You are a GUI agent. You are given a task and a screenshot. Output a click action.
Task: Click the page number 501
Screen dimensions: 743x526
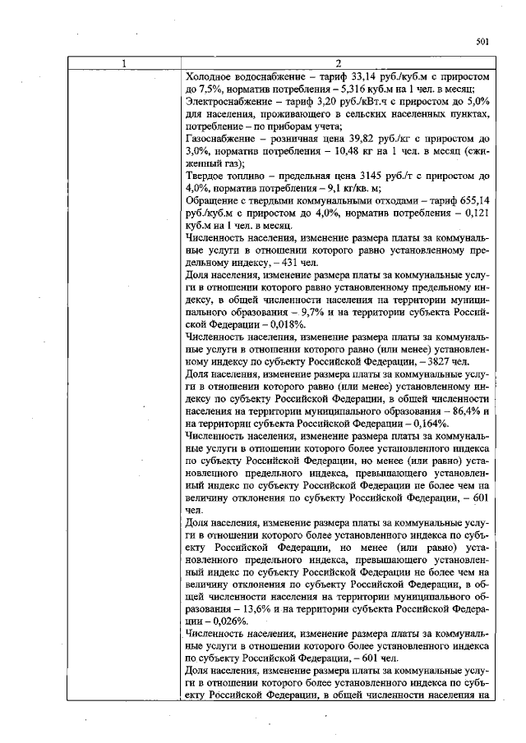tap(482, 44)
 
